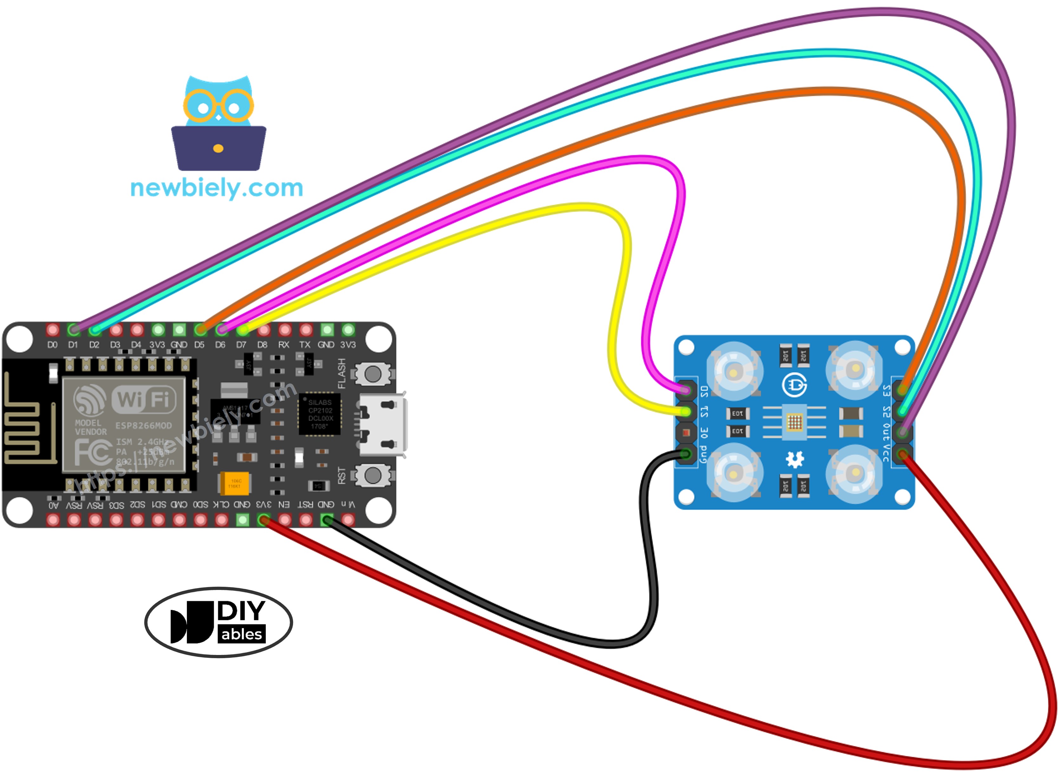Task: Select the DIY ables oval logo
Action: [x=219, y=622]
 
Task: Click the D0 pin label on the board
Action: [x=52, y=345]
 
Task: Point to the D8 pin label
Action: [x=262, y=345]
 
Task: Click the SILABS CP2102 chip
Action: [x=320, y=414]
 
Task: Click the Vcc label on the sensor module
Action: [x=885, y=452]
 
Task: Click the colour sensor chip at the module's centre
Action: [x=794, y=422]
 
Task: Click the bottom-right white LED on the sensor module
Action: [x=855, y=473]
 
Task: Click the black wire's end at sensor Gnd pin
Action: [x=686, y=453]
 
